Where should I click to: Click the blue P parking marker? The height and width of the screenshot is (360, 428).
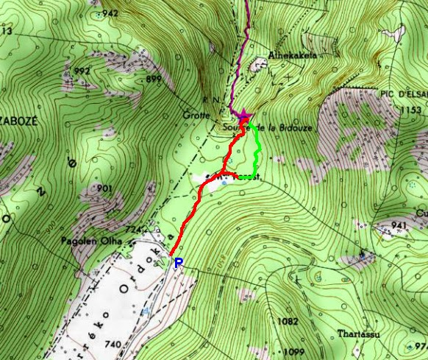178,262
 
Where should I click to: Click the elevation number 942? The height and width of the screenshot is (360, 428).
110,13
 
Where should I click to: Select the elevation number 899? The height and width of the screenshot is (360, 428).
154,79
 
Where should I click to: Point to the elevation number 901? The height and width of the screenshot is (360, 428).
104,189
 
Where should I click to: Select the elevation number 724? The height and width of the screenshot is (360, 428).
132,230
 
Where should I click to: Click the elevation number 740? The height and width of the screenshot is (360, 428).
113,345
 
